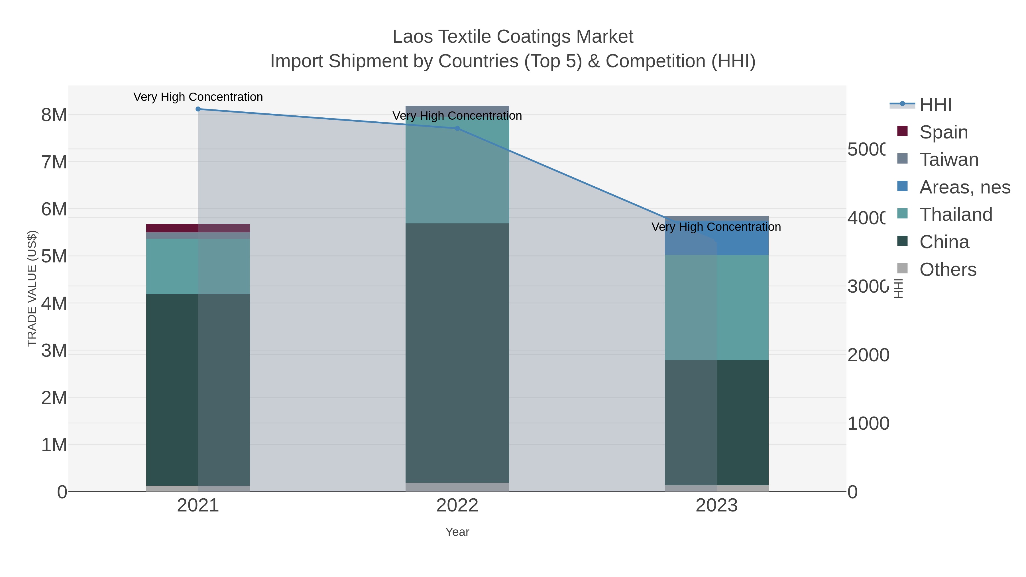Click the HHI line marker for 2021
[x=198, y=109]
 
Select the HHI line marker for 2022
[x=457, y=129]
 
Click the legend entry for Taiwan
[x=949, y=160]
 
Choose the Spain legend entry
[x=943, y=132]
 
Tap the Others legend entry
[x=948, y=270]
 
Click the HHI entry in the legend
[x=935, y=105]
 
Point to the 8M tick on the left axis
[x=54, y=115]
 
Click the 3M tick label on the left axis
[x=54, y=351]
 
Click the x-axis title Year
[x=457, y=532]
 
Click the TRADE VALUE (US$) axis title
[x=32, y=288]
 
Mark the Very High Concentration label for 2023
[x=716, y=227]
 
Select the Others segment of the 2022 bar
[x=457, y=487]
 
